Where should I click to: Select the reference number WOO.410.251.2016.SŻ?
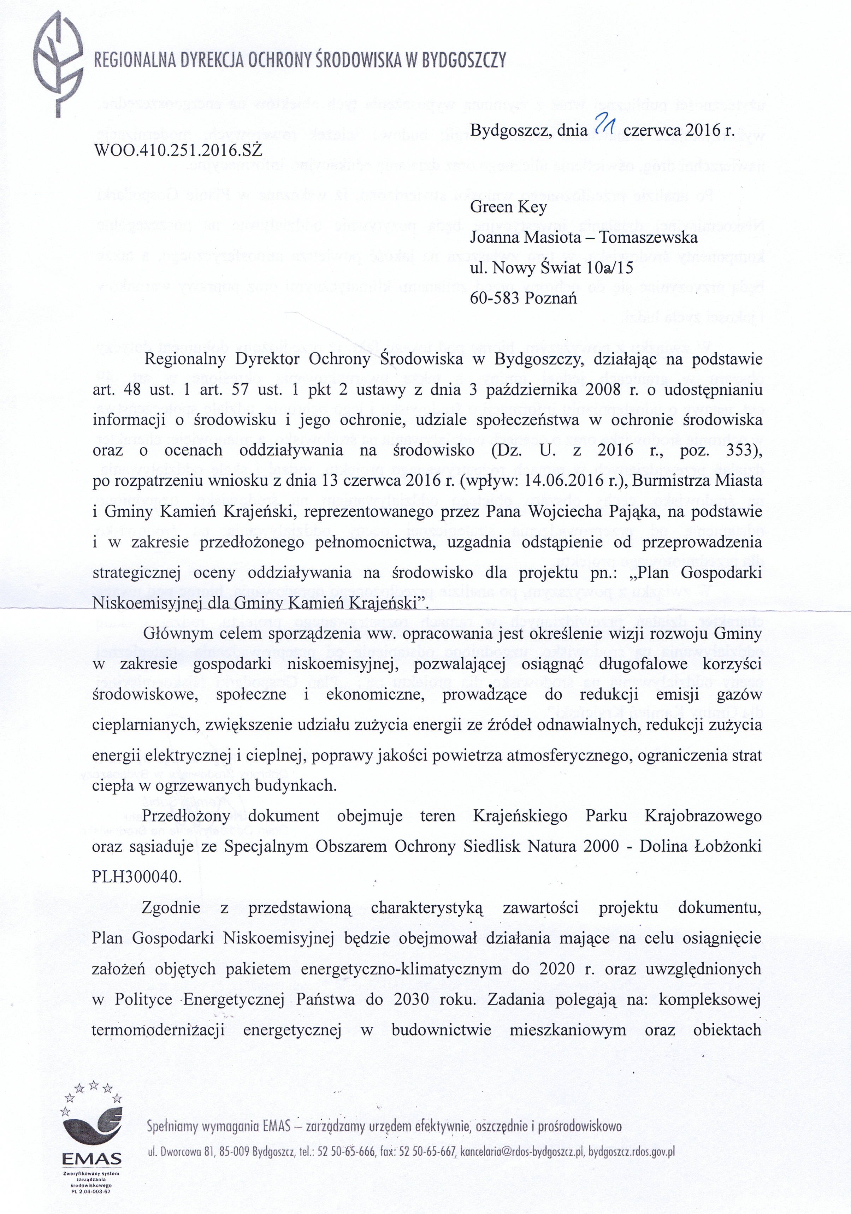[178, 151]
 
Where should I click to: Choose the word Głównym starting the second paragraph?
[178, 633]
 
